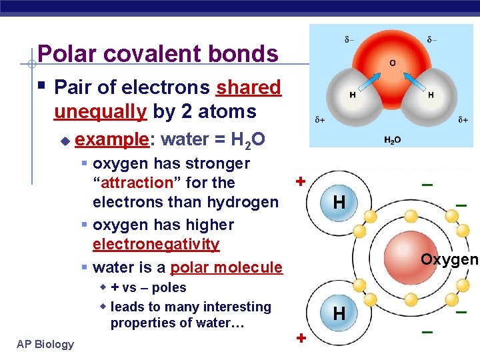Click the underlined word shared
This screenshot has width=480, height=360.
(x=249, y=87)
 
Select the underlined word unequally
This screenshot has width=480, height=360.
(x=100, y=111)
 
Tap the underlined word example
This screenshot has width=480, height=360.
(x=113, y=139)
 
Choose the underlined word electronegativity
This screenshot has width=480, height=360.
(x=156, y=244)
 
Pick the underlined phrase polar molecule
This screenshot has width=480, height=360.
(x=226, y=268)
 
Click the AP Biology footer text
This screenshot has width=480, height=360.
(x=46, y=344)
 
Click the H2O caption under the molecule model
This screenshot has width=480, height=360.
(x=393, y=140)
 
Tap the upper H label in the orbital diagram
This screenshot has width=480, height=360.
(x=339, y=202)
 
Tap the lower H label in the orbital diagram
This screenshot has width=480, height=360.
(x=339, y=313)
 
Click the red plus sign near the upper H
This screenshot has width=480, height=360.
(x=301, y=181)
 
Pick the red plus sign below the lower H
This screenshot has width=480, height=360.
(x=301, y=338)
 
